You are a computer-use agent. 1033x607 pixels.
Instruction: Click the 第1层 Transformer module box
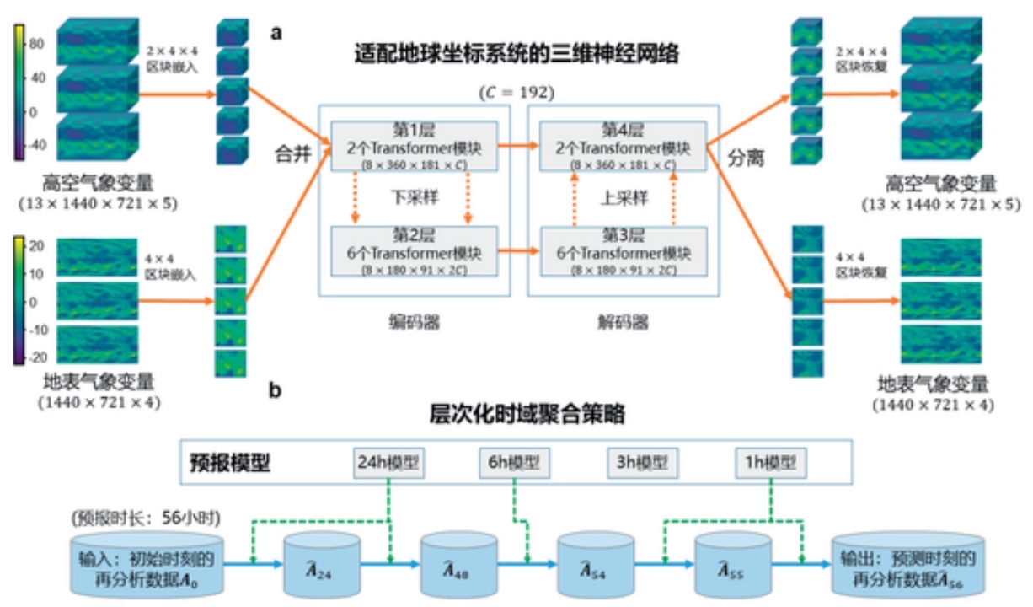tap(415, 146)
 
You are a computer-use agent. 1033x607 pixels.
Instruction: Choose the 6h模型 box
tap(515, 463)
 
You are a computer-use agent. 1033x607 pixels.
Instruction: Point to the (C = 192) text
tap(516, 91)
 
